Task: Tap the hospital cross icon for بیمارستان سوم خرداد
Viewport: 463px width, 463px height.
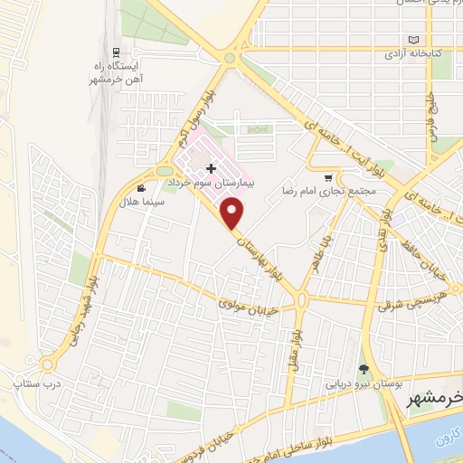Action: click(212, 168)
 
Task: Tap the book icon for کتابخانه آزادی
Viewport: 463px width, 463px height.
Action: click(414, 41)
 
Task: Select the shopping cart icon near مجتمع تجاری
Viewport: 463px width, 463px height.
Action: click(327, 177)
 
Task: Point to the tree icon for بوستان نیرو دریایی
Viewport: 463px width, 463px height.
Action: click(363, 368)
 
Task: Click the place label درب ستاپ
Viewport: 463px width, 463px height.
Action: click(29, 385)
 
